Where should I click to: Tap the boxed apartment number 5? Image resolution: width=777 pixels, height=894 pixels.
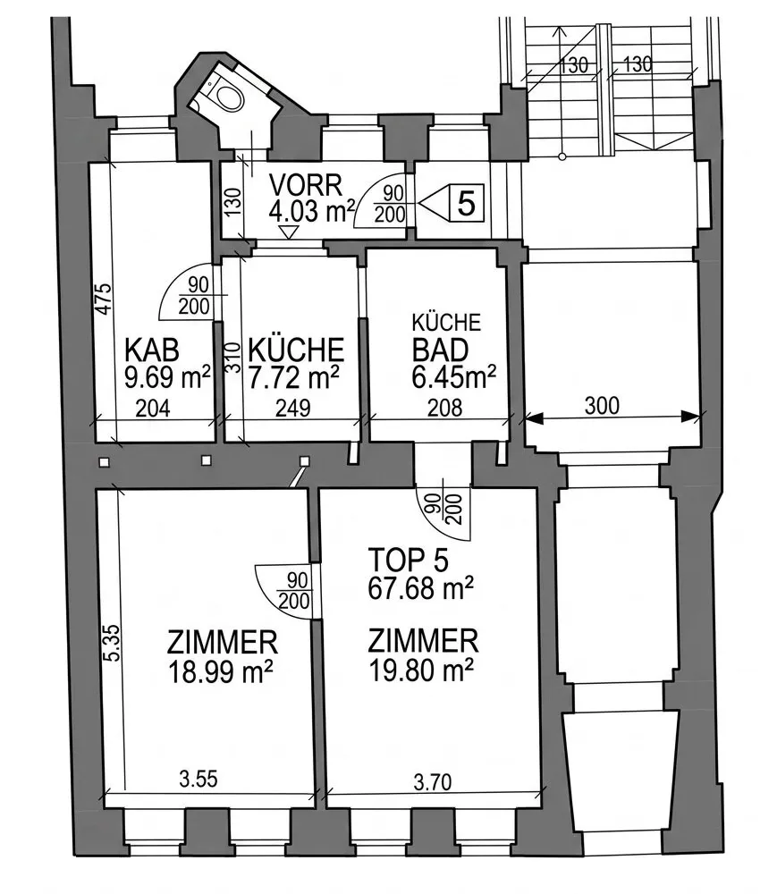(467, 203)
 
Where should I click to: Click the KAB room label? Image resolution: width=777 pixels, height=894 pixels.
(152, 350)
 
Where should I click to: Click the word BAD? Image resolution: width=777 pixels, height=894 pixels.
(440, 350)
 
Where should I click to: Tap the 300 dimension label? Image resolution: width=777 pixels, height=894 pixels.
(602, 405)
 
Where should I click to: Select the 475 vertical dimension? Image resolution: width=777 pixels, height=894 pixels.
(103, 299)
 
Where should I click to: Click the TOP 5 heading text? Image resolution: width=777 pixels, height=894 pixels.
(408, 560)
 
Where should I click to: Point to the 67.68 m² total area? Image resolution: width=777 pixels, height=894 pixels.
(421, 588)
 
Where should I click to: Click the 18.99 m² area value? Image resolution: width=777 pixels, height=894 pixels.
(220, 671)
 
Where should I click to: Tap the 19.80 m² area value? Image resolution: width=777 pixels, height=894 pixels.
(421, 670)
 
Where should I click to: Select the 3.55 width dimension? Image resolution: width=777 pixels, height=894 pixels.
(198, 779)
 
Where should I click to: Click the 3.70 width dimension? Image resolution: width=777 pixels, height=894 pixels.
(433, 781)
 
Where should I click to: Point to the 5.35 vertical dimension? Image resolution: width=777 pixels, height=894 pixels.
(113, 643)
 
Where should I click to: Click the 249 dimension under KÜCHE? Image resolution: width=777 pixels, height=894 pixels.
(292, 408)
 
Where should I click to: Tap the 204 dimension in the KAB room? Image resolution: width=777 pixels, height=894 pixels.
(153, 409)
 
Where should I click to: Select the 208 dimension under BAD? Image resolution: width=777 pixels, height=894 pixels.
(444, 408)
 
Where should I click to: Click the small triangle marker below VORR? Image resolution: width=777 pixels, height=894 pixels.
(290, 232)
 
